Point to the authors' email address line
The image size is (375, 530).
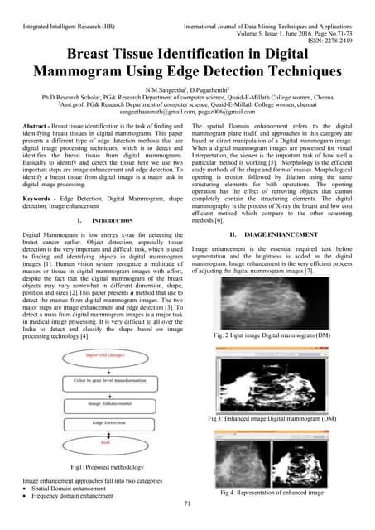pyautogui.click(x=187, y=109)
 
